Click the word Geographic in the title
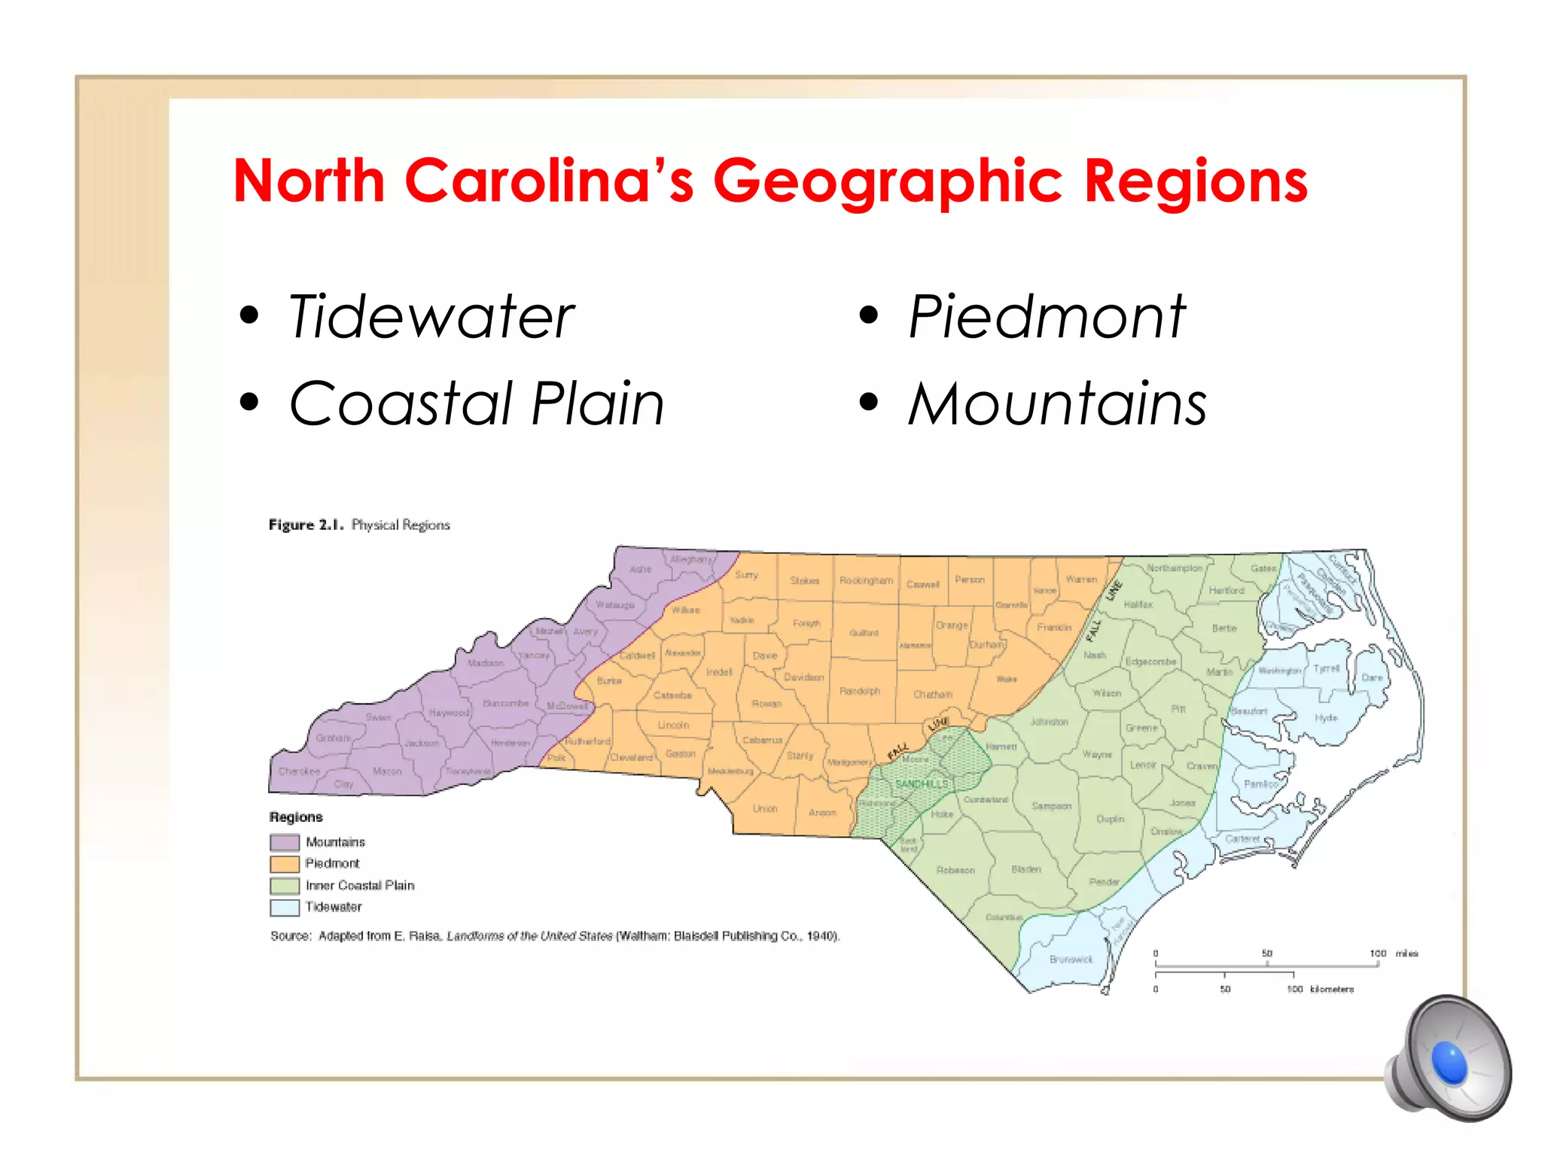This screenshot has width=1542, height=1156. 887,183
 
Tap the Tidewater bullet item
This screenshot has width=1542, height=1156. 431,318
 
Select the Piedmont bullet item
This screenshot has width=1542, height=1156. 1047,318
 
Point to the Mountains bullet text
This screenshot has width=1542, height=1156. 1057,404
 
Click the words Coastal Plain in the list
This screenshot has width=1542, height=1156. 477,404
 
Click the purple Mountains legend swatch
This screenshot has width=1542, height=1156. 285,842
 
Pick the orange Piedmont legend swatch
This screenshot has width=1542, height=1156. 285,864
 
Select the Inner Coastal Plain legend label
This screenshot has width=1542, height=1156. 360,886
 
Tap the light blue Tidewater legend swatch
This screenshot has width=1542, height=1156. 285,908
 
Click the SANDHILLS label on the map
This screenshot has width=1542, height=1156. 921,784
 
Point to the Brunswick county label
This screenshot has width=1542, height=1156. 1071,960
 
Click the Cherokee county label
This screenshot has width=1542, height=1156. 299,771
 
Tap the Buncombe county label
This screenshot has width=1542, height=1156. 505,704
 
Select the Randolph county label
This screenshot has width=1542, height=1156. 859,691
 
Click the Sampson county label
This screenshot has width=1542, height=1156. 1051,806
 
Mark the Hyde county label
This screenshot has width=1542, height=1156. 1326,718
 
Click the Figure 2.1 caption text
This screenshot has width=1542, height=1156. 359,525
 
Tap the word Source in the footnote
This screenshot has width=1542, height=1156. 290,936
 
